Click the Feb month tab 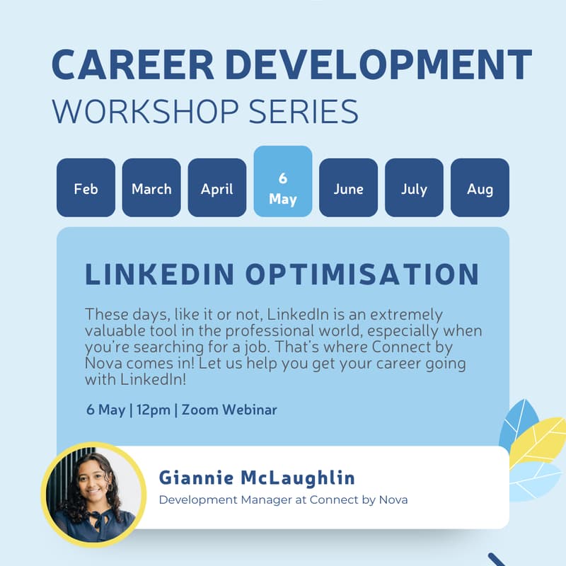86,188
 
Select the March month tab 151,188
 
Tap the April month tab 217,188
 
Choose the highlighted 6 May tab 283,188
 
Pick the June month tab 349,188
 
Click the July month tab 414,188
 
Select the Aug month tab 480,188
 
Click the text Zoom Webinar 229,410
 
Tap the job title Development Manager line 283,500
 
